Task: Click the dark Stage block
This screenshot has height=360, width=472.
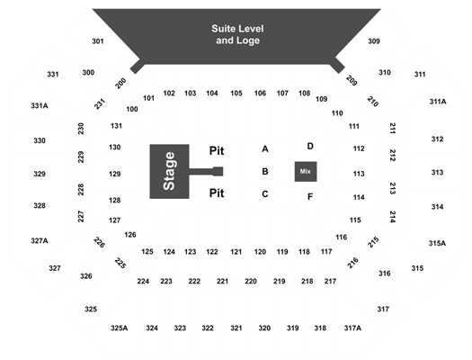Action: [x=170, y=171]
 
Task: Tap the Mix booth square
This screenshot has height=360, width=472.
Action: [x=306, y=171]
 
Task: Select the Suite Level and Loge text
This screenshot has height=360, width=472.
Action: [x=237, y=34]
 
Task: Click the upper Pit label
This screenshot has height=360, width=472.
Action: [x=217, y=150]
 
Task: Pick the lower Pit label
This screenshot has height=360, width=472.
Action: [x=217, y=193]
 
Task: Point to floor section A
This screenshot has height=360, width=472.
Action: [x=265, y=148]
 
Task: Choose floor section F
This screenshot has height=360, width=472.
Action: [x=310, y=197]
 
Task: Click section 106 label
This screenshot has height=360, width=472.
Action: [x=260, y=93]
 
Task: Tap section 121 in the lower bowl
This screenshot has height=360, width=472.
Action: [x=236, y=251]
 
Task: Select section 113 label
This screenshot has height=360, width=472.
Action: [x=359, y=174]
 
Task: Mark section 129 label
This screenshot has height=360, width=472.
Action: [x=115, y=174]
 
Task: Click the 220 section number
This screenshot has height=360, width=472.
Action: [x=251, y=281]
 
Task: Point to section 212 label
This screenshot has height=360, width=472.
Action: [x=393, y=155]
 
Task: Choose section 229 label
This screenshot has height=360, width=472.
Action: [x=81, y=157]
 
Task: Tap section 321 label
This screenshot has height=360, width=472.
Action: [x=236, y=328]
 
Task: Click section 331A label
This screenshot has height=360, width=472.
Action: [x=40, y=105]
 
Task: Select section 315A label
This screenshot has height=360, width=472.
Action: [x=437, y=243]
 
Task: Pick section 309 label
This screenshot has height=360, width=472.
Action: [x=374, y=41]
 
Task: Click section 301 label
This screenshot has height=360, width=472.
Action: [x=98, y=41]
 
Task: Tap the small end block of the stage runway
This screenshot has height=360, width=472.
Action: [x=218, y=171]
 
